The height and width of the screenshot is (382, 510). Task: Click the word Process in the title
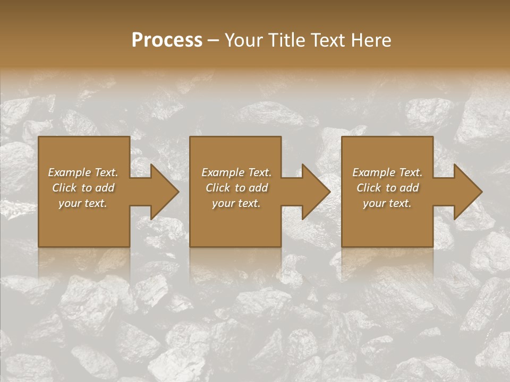click(167, 40)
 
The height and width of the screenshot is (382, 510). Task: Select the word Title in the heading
click(287, 40)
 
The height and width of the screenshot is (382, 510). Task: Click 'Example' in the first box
click(70, 172)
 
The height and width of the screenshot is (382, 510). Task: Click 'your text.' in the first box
click(83, 203)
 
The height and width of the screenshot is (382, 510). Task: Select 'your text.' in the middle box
click(236, 203)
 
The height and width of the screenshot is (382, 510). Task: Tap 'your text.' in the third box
click(387, 203)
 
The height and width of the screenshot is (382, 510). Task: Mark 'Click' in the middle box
click(218, 188)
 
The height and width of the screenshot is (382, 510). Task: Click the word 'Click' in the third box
click(369, 188)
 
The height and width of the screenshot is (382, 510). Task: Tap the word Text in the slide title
click(327, 40)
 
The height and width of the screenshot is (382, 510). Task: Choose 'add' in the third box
click(409, 188)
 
